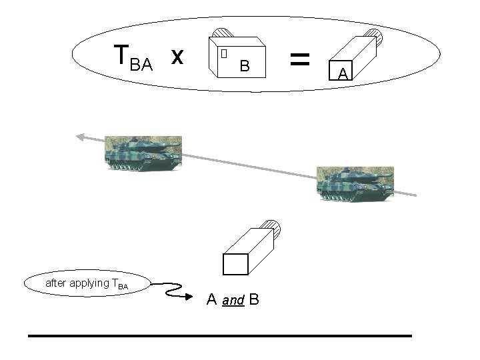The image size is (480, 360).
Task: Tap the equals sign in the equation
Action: pyautogui.click(x=301, y=59)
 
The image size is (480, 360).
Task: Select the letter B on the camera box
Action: pyautogui.click(x=245, y=66)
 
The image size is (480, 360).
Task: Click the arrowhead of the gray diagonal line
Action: pyautogui.click(x=80, y=137)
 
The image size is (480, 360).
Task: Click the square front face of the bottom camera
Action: pyautogui.click(x=235, y=265)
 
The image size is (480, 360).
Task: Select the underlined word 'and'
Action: pyautogui.click(x=233, y=301)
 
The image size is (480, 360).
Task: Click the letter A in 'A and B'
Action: pyautogui.click(x=212, y=299)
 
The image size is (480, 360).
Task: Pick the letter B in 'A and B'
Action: pyautogui.click(x=254, y=299)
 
